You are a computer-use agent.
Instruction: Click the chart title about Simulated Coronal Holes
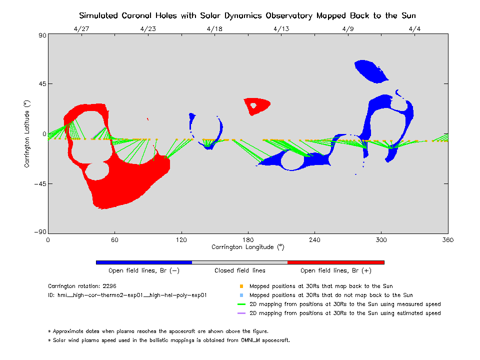point(247,15)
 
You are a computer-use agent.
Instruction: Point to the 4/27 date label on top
point(81,29)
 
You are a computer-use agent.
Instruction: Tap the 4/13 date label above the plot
point(281,29)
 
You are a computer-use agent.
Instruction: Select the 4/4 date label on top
point(414,29)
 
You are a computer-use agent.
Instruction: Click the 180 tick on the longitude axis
point(248,239)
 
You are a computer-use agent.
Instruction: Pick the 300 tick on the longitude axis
point(381,239)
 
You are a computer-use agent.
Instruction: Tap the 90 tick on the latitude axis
point(40,35)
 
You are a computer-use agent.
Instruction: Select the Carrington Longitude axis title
point(247,247)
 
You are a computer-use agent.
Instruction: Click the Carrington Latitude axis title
point(28,133)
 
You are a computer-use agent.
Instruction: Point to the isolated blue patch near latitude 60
point(370,70)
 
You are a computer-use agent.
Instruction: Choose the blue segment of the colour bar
point(143,262)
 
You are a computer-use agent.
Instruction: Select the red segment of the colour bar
point(335,262)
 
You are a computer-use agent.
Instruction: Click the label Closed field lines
point(240,270)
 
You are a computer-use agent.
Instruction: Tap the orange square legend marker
point(241,286)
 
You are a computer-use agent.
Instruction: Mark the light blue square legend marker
point(241,295)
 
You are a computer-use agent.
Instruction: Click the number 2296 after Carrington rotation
point(109,286)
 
